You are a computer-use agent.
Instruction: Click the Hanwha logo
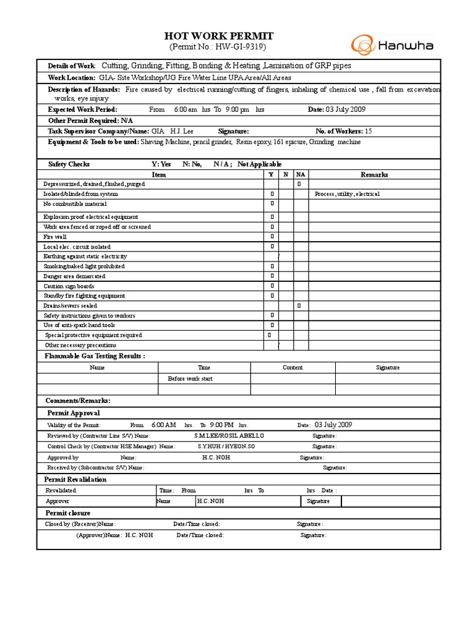(x=392, y=46)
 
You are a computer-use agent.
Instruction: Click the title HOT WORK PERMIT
(x=218, y=36)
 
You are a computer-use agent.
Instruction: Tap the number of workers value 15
(x=368, y=131)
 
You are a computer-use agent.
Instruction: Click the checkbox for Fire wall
(x=272, y=237)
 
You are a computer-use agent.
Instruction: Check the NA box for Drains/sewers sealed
(x=299, y=305)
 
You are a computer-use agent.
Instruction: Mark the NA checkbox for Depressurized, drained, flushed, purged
(x=299, y=184)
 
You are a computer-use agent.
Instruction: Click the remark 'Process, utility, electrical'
(x=347, y=194)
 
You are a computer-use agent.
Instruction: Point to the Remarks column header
(x=374, y=174)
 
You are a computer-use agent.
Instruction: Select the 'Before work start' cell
(x=190, y=378)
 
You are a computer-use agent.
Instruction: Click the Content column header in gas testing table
(x=293, y=367)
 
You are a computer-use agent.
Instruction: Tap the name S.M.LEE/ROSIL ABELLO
(x=228, y=436)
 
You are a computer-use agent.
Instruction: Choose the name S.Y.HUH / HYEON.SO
(x=226, y=446)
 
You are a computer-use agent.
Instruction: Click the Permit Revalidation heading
(x=75, y=479)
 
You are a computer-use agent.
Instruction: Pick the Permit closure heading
(x=67, y=513)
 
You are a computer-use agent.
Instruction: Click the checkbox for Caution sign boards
(x=272, y=286)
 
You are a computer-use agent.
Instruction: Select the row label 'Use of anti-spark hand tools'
(x=79, y=325)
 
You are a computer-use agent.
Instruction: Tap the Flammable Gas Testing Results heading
(x=95, y=356)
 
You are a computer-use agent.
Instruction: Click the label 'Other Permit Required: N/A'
(x=90, y=121)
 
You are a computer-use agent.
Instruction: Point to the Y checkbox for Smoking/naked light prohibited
(x=272, y=266)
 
